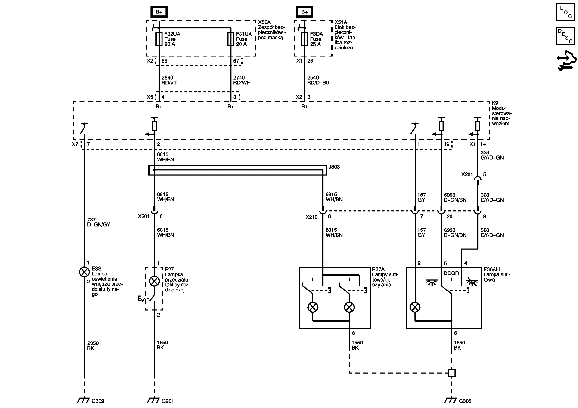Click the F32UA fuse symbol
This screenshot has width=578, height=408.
[x=159, y=39]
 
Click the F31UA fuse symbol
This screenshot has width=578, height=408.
[x=231, y=39]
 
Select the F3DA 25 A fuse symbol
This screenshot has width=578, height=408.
[x=305, y=39]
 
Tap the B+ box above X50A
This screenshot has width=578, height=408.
[x=159, y=12]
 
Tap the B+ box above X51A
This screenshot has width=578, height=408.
[x=304, y=12]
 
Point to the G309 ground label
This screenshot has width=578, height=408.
[x=98, y=401]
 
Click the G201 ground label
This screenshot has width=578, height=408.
[x=168, y=401]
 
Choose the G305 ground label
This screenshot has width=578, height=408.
[x=465, y=401]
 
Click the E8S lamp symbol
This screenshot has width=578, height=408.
[x=84, y=272]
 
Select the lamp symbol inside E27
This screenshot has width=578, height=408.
[x=154, y=282]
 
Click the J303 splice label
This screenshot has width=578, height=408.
[x=334, y=167]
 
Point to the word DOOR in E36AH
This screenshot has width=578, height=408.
[x=451, y=273]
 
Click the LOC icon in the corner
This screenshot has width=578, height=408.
[x=566, y=12]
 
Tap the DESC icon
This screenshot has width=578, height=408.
[x=566, y=36]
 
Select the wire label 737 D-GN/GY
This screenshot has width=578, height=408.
[x=98, y=222]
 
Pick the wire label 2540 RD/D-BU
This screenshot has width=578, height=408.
[x=318, y=80]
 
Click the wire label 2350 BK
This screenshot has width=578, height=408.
[x=93, y=346]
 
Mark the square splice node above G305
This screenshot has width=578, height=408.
[x=451, y=373]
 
